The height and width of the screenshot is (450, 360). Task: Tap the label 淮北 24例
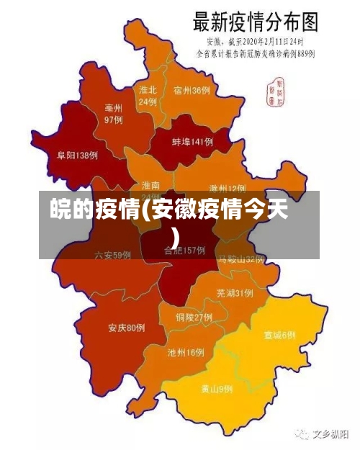tap(148, 96)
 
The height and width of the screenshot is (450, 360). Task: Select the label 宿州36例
tap(192, 91)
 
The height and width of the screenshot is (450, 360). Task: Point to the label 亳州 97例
tap(114, 113)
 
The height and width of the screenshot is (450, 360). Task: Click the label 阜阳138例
tap(77, 155)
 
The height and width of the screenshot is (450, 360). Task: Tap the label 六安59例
tap(112, 254)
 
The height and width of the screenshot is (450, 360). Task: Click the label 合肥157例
tap(184, 251)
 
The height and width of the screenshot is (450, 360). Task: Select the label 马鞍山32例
tap(242, 258)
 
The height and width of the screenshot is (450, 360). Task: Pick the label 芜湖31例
tap(234, 293)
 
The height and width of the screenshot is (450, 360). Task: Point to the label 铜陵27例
tap(193, 317)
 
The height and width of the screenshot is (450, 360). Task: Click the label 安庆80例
tap(127, 328)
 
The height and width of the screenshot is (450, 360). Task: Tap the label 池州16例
tap(185, 353)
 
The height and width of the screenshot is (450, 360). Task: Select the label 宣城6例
tap(279, 335)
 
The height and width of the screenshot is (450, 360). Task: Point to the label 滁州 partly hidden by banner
tap(227, 187)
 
